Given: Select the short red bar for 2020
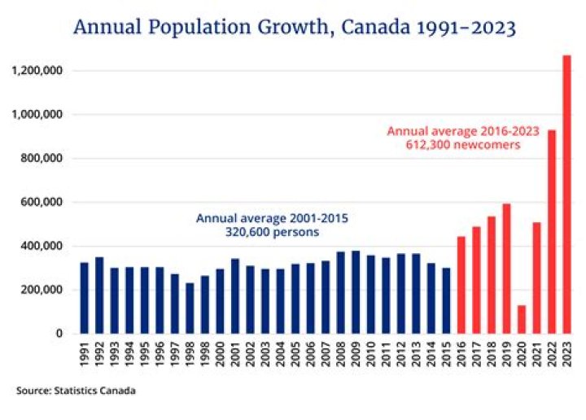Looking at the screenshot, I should (x=522, y=319).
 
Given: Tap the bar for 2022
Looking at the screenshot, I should (x=552, y=231).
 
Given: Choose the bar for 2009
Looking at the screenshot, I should (x=356, y=292).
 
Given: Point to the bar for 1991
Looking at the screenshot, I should (x=85, y=298).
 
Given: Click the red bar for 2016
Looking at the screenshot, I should (x=461, y=285).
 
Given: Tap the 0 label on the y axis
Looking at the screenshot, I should (x=60, y=334).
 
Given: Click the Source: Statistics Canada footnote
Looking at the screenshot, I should (x=76, y=391).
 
